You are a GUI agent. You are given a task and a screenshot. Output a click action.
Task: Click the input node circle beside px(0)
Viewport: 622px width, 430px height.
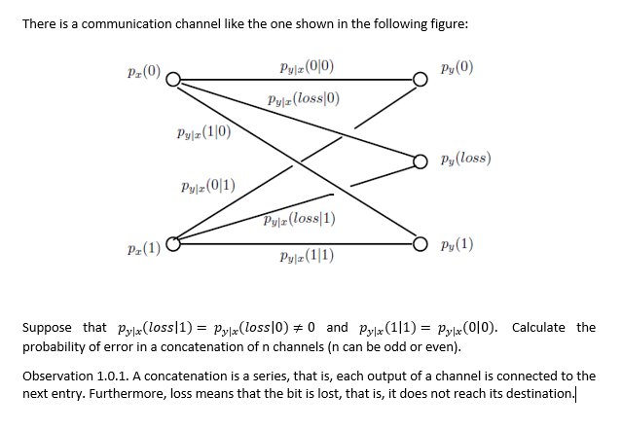click(x=171, y=81)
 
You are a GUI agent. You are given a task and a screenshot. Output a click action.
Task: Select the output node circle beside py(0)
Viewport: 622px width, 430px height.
click(x=420, y=80)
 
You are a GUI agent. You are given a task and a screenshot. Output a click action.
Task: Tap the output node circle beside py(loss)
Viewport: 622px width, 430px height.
click(x=420, y=161)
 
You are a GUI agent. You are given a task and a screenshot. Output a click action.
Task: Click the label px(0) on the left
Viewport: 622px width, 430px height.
click(x=143, y=74)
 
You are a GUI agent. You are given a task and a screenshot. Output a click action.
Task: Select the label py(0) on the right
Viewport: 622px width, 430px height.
click(x=457, y=70)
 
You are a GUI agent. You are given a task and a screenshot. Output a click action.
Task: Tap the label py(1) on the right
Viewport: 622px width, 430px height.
click(x=457, y=243)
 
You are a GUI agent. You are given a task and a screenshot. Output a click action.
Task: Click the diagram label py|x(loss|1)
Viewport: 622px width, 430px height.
click(x=298, y=218)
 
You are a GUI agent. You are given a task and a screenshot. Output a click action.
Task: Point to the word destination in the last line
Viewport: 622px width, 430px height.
click(x=538, y=392)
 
